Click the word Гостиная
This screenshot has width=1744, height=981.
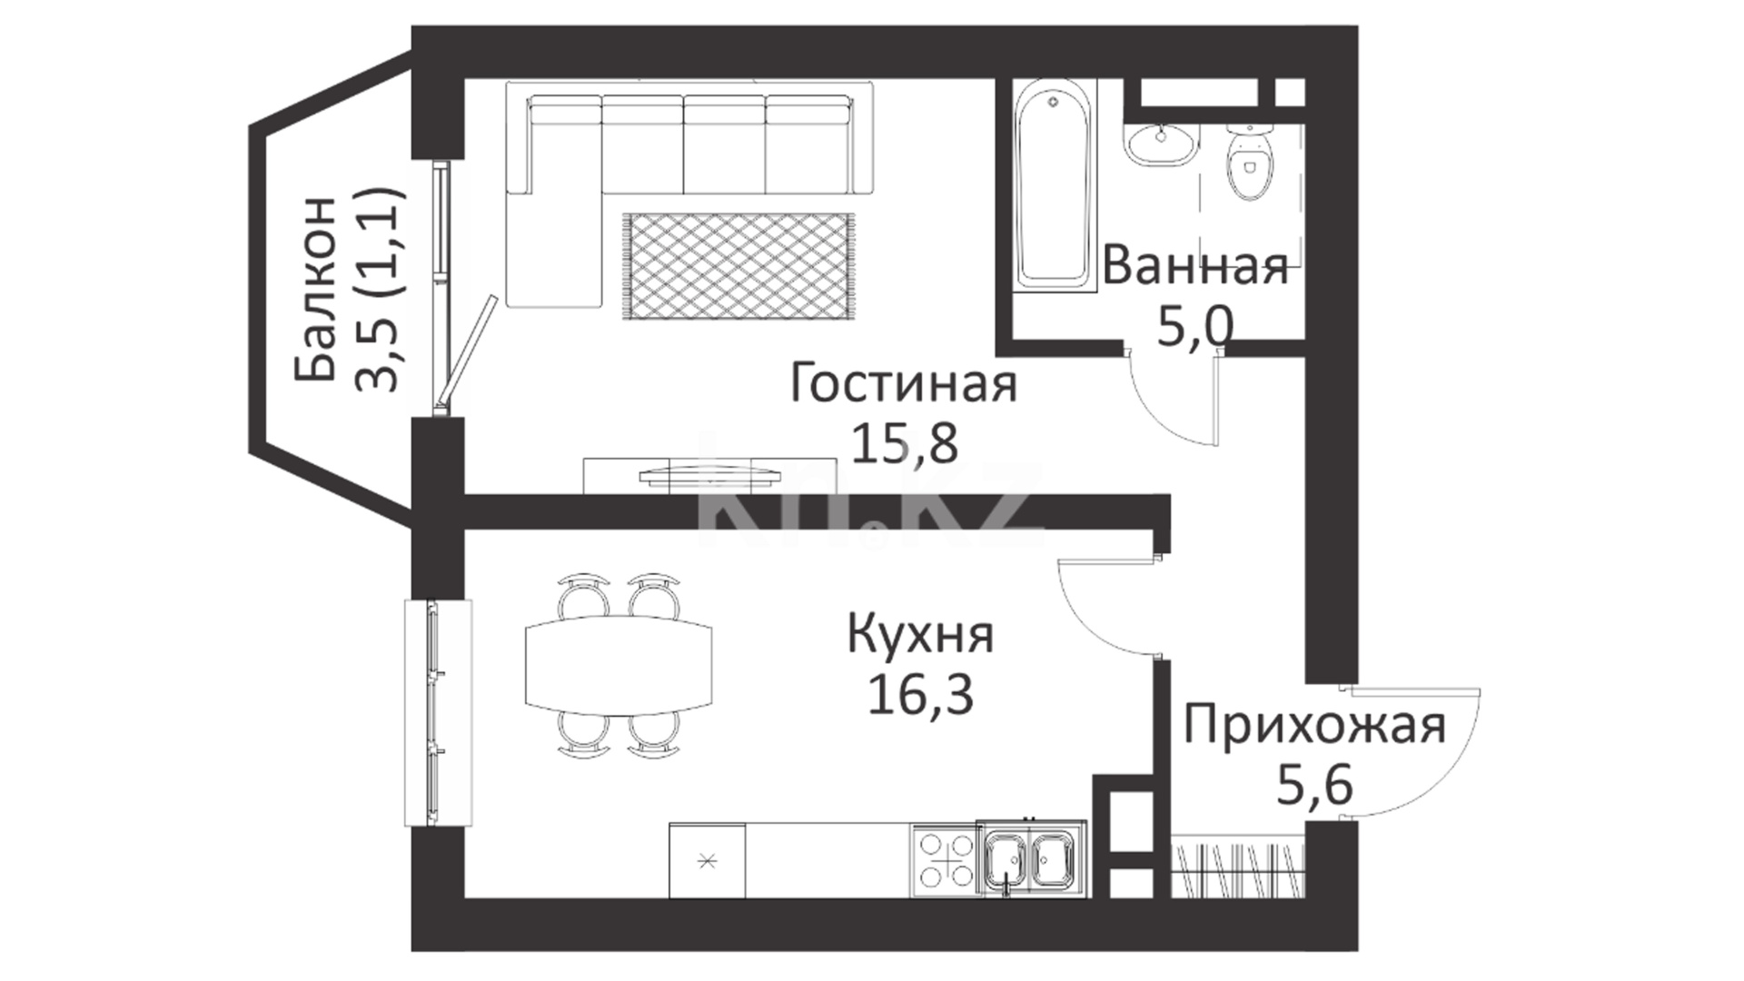903,383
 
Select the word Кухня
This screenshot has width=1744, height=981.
920,636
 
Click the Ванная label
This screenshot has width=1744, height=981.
1195,267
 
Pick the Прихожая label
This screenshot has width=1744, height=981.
1314,727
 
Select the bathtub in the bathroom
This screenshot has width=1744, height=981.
1053,186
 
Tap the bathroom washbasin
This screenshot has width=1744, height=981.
1162,144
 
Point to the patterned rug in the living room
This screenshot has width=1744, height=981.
738,266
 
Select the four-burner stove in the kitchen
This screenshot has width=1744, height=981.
946,859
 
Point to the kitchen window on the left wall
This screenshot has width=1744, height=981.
438,713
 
